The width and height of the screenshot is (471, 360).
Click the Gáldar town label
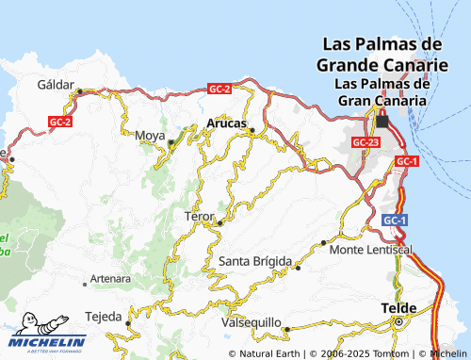click(55, 84)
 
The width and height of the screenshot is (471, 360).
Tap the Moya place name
click(151, 135)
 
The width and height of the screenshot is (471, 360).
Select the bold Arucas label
click(225, 123)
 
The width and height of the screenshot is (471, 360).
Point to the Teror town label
click(200, 217)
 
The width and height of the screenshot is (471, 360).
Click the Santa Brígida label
click(255, 260)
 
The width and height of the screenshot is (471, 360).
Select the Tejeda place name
click(104, 315)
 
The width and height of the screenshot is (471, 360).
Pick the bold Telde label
click(398, 308)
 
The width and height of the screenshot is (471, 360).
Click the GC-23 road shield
click(365, 141)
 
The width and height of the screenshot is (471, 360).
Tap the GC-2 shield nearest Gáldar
click(60, 122)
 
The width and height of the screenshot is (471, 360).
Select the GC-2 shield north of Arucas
click(219, 89)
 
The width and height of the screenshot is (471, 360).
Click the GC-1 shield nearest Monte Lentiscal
click(395, 220)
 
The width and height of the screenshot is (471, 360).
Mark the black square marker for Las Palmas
click(382, 121)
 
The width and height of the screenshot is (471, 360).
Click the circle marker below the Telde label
click(398, 321)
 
